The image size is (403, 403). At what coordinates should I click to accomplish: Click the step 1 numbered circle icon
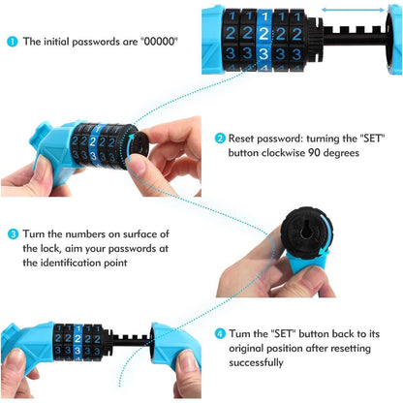click(13, 42)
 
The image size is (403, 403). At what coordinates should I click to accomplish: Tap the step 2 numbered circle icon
click(220, 139)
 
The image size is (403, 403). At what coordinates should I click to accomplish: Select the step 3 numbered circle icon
click(13, 233)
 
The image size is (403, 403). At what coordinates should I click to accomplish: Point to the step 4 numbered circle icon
click(220, 333)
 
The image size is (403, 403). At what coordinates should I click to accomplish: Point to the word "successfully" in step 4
click(256, 362)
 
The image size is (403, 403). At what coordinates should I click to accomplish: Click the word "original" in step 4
click(248, 349)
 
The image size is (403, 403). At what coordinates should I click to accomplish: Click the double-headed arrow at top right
click(354, 11)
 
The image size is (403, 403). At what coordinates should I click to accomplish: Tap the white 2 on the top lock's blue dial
click(264, 34)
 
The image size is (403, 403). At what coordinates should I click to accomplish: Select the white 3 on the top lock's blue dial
click(263, 53)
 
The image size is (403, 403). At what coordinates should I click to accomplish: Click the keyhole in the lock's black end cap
click(306, 232)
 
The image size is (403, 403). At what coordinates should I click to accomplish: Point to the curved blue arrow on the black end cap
click(326, 234)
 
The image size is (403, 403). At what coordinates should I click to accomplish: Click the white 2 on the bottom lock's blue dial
click(77, 339)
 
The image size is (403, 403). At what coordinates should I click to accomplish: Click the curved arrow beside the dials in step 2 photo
click(128, 147)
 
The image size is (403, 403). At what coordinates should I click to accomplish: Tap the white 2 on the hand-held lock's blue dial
click(93, 141)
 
